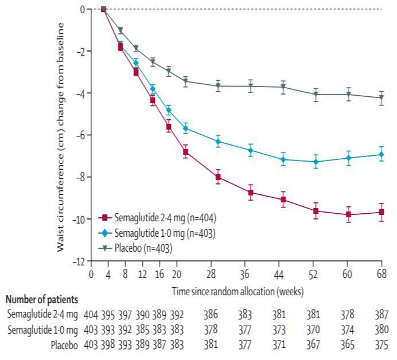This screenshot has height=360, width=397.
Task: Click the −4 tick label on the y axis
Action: pyautogui.click(x=81, y=93)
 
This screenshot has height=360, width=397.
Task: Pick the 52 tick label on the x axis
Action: pyautogui.click(x=316, y=274)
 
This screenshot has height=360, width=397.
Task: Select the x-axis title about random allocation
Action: pyautogui.click(x=238, y=292)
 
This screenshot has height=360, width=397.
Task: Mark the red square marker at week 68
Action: pyautogui.click(x=381, y=212)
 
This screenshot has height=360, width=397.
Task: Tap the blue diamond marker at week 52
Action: pyautogui.click(x=316, y=162)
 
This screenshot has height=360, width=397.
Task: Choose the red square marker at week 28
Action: pyautogui.click(x=218, y=177)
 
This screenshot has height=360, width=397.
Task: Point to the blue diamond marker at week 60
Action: pyautogui.click(x=348, y=158)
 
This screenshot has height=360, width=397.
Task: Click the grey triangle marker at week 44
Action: pyautogui.click(x=283, y=87)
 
